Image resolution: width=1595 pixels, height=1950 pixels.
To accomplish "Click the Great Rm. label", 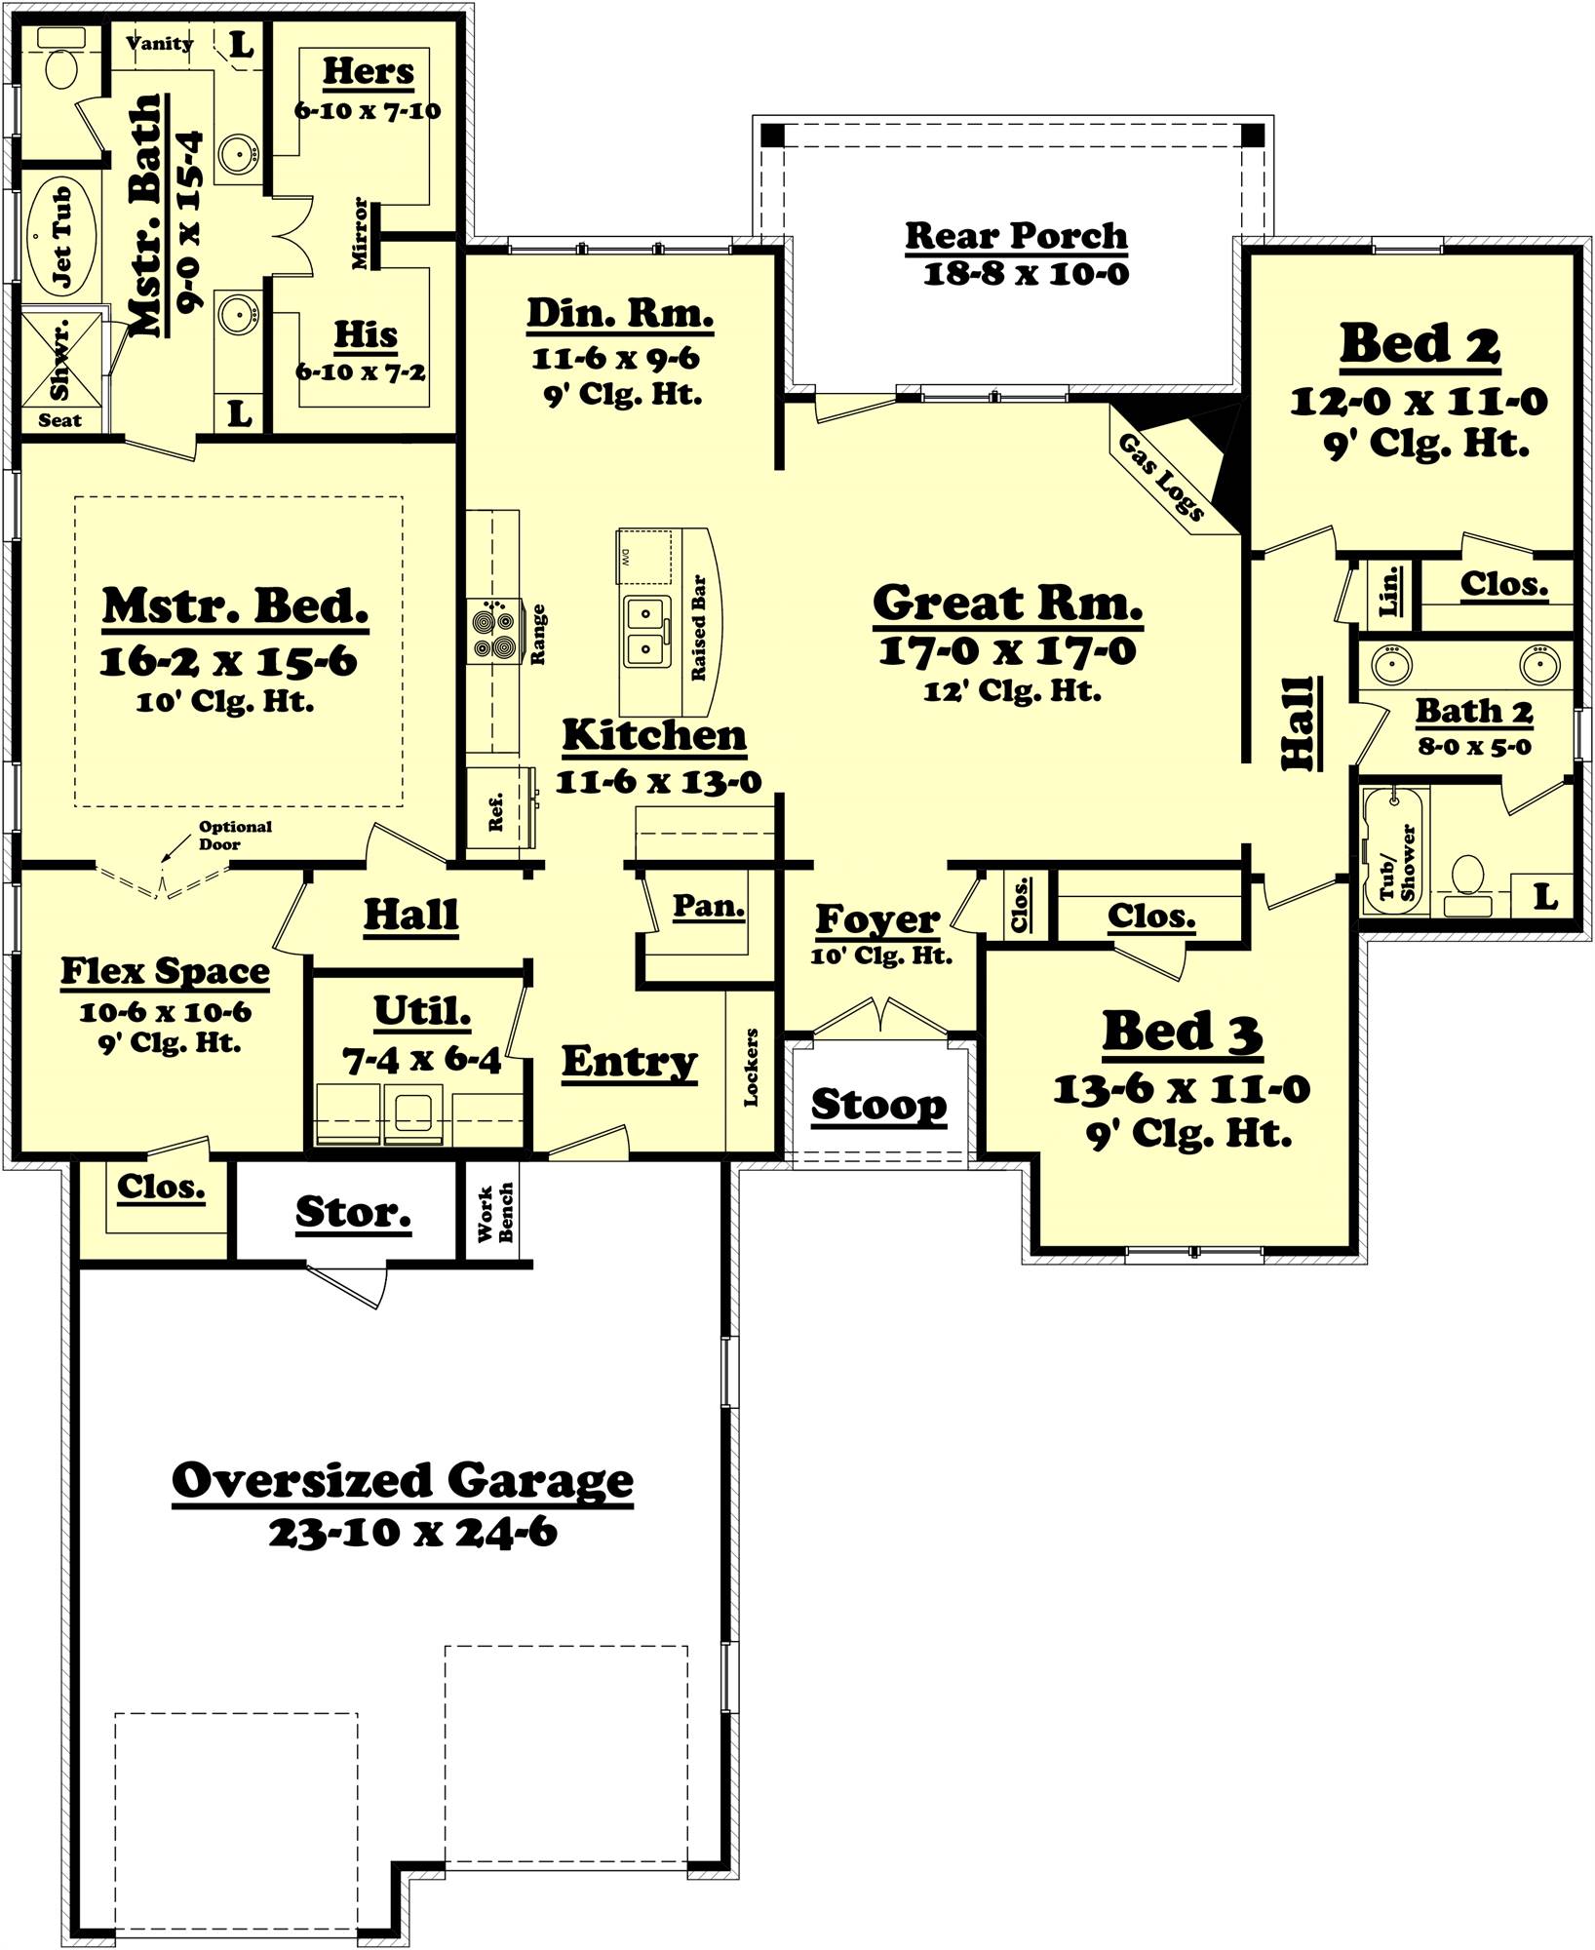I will (1007, 604).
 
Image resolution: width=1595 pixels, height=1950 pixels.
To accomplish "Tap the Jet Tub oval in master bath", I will (60, 238).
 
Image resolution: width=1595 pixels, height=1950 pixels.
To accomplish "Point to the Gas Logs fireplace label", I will (1161, 477).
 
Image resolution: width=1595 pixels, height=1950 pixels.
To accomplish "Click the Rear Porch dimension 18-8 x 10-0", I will (1026, 274).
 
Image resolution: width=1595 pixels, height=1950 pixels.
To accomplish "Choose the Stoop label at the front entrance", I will (878, 1105).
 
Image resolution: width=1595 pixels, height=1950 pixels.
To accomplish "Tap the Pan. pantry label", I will (709, 906).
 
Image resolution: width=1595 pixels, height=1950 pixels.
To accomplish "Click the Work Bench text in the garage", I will (495, 1214).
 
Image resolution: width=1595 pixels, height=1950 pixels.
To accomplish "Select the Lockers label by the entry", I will (751, 1067).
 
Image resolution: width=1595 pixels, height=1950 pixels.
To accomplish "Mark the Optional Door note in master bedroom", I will (234, 835).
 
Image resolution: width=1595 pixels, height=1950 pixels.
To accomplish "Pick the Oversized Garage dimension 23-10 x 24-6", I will (412, 1533).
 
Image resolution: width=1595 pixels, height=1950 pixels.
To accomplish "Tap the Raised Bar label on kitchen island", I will (698, 628).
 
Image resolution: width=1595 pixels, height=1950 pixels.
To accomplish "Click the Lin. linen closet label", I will (1390, 589).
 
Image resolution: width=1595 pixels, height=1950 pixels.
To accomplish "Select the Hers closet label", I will (369, 71).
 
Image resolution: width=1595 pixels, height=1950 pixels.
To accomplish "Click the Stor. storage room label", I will (353, 1212).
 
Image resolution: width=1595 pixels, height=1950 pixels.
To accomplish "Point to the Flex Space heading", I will (165, 971).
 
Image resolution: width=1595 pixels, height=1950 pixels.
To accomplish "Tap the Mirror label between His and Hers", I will (361, 233).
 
